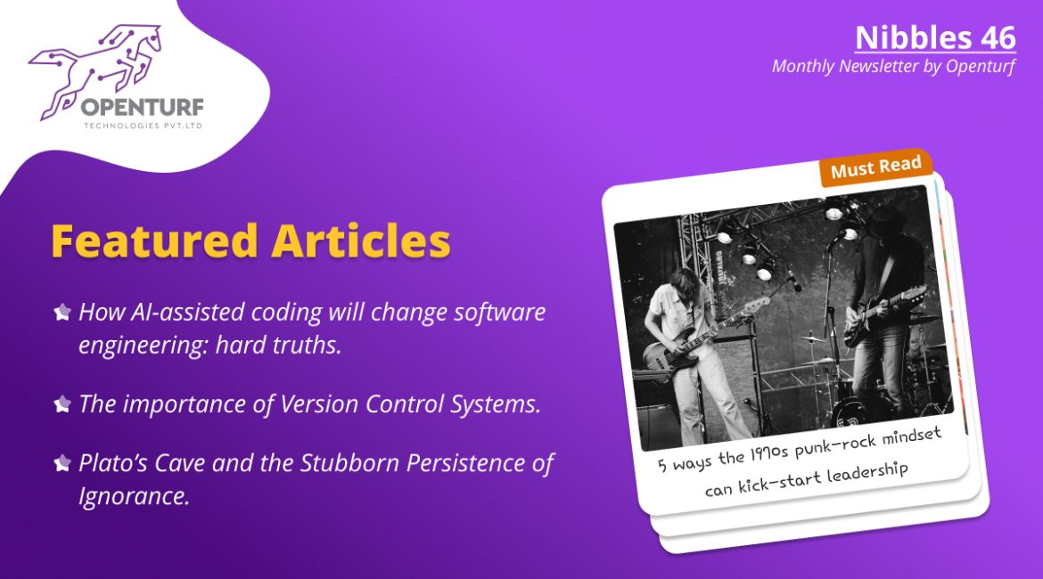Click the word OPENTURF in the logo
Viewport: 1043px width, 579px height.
(x=143, y=108)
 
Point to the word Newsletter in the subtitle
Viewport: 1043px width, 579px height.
(x=878, y=67)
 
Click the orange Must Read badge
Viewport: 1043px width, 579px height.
(x=875, y=167)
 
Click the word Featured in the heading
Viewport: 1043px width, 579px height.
(x=154, y=241)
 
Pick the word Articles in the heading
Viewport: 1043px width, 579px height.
(x=361, y=241)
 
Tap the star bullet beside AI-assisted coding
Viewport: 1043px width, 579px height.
(x=62, y=312)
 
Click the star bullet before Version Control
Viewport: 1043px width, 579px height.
(x=62, y=404)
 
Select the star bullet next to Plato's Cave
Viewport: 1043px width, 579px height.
(x=62, y=462)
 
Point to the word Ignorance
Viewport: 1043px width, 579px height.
(x=135, y=496)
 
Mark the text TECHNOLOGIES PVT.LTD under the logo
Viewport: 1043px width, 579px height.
(x=143, y=126)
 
